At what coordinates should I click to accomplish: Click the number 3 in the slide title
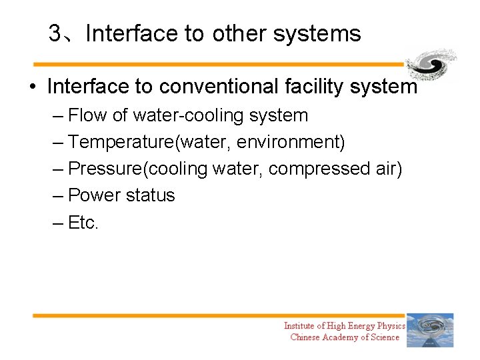pyautogui.click(x=55, y=34)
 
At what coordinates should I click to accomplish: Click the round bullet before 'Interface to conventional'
pyautogui.click(x=32, y=87)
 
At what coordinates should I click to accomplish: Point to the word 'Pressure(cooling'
pyautogui.click(x=138, y=169)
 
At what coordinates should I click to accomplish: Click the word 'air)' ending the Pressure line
pyautogui.click(x=386, y=169)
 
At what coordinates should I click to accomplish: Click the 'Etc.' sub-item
pyautogui.click(x=83, y=223)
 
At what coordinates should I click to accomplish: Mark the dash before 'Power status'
pyautogui.click(x=58, y=196)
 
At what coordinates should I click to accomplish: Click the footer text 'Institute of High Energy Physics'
pyautogui.click(x=344, y=326)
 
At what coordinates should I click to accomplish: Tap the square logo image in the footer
pyautogui.click(x=430, y=330)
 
